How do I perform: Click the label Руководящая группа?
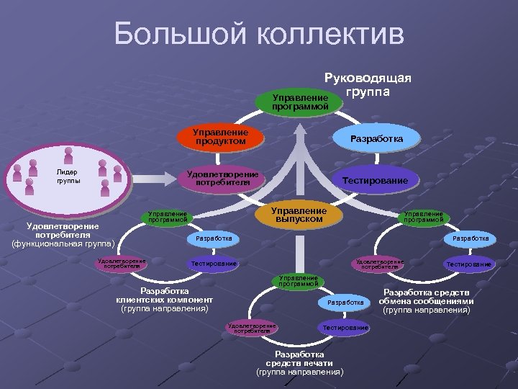tap(368, 84)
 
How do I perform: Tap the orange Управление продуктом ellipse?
tap(220, 137)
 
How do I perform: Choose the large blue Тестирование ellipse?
tap(375, 179)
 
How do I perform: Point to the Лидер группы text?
tap(68, 176)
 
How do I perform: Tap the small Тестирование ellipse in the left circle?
tap(214, 264)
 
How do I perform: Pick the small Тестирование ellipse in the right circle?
tap(469, 264)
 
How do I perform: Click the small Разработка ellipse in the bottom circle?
tap(345, 303)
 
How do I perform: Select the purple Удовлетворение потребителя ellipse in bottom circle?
tap(251, 328)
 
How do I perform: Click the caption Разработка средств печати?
tap(300, 364)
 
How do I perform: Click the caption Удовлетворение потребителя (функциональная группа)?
tap(63, 234)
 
